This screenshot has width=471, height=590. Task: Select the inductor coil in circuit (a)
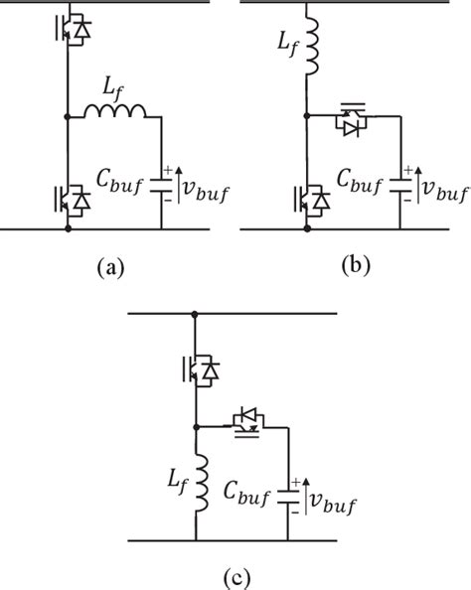click(x=115, y=117)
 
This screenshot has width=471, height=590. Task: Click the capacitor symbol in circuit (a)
click(x=162, y=184)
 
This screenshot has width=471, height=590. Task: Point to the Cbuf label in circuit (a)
click(x=123, y=185)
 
